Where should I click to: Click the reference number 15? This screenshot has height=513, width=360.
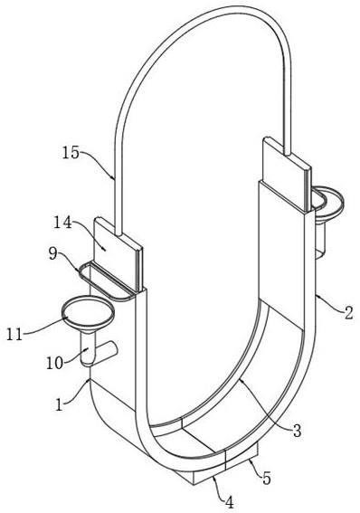(71, 153)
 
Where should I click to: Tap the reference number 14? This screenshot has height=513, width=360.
(62, 223)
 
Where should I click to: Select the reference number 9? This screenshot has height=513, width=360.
(53, 253)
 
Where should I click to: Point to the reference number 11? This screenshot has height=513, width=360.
(14, 335)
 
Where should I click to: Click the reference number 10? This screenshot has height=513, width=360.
(54, 363)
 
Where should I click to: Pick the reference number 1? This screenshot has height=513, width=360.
(59, 405)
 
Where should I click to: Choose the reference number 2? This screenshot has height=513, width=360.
(349, 313)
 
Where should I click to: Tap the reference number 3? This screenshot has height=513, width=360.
(297, 431)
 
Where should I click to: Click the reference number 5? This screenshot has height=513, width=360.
(267, 479)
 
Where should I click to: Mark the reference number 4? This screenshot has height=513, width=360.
(230, 502)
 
